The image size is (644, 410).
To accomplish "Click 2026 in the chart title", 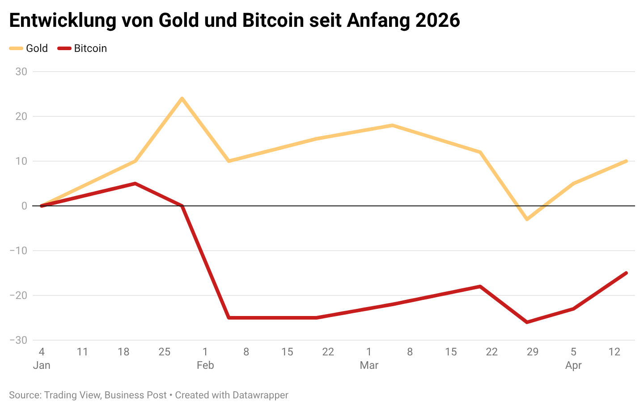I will pos(437,21).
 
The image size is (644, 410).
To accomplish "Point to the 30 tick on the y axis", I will pos(21,72).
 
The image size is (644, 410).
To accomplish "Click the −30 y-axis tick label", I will pos(18,340).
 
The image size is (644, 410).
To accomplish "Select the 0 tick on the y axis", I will pos(24,206).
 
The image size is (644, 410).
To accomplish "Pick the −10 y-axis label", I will pos(18,251).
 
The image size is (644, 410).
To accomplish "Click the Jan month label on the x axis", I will pos(42,365).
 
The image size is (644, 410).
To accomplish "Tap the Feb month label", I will pos(205,365).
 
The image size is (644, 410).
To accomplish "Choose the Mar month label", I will pos(369,365).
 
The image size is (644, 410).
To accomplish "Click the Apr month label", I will pos(573,365).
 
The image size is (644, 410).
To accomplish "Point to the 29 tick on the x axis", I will pos(533,352).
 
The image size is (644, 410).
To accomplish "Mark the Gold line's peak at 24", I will pos(182,98).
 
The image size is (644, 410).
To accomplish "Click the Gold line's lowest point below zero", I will pos(527,219).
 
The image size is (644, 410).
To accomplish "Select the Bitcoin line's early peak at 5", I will pos(135,184).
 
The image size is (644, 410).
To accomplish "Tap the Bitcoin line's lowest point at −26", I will pos(527,322).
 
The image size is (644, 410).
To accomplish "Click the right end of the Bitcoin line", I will pos(626,273).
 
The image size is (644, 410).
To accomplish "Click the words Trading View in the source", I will pos(72,395).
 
